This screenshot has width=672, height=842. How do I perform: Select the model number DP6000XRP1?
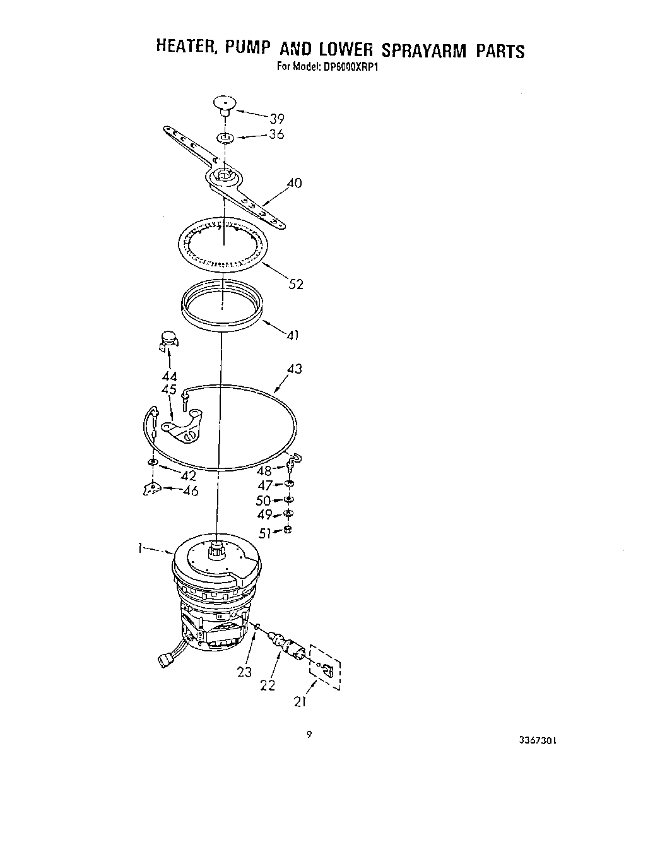click(x=348, y=65)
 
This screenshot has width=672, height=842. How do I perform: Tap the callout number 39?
click(x=276, y=118)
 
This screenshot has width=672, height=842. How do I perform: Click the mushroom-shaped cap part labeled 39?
click(x=223, y=104)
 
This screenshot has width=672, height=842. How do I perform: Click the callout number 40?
click(x=294, y=184)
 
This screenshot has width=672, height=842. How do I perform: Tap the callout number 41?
click(x=292, y=335)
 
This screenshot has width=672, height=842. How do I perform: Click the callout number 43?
click(x=294, y=369)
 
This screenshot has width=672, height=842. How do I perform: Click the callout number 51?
click(x=264, y=533)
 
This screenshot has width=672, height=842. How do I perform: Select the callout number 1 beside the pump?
click(x=141, y=549)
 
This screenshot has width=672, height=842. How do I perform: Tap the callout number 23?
click(x=245, y=672)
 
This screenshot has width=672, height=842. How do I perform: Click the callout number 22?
click(x=268, y=685)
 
